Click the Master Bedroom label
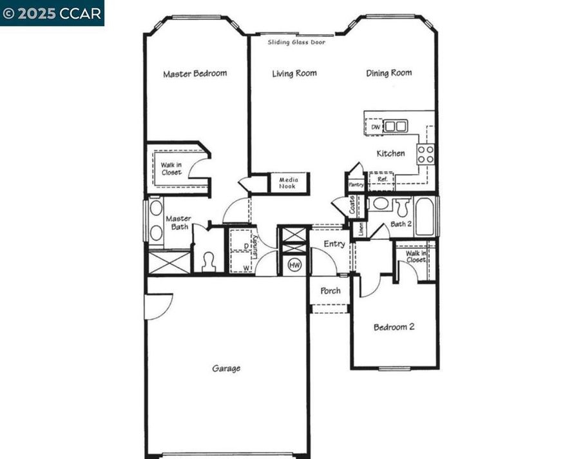[195, 73]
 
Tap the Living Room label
[294, 73]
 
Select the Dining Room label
[389, 73]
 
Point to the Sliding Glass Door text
[296, 42]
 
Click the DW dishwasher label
[376, 127]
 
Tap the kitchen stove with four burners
[425, 153]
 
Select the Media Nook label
[288, 183]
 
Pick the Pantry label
[356, 184]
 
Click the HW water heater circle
[294, 264]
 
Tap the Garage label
[226, 369]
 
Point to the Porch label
[330, 291]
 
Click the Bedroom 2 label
[394, 327]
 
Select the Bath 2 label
[401, 224]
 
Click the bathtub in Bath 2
[425, 216]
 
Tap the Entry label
[334, 244]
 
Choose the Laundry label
[255, 248]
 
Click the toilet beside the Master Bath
[208, 260]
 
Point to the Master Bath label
[178, 223]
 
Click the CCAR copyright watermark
[52, 13]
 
